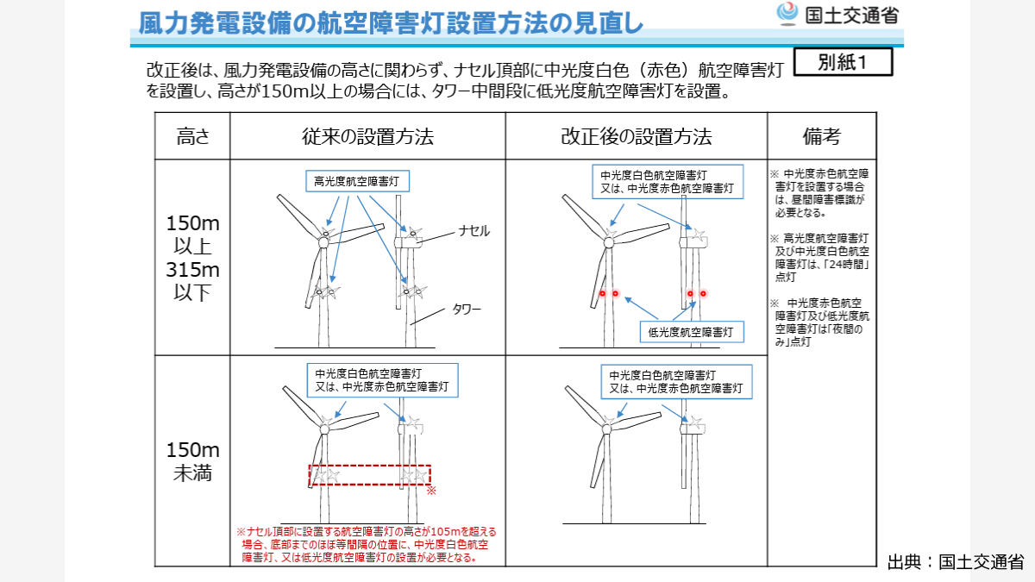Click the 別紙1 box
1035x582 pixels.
coord(842,63)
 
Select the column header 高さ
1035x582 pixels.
coord(192,136)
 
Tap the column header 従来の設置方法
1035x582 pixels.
coord(367,136)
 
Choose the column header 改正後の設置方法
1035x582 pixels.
coord(636,136)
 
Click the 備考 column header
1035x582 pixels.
coord(821,136)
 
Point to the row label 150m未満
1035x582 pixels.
coord(192,461)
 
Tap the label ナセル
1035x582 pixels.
coord(474,230)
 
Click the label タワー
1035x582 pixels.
coord(467,309)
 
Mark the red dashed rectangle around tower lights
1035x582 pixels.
coord(369,475)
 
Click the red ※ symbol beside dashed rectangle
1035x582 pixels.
coord(432,491)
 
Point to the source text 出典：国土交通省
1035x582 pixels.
coord(955,562)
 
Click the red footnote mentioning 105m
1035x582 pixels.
coord(366,544)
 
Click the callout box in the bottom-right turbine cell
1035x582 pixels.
coord(675,382)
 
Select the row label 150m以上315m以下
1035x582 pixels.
coord(192,258)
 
